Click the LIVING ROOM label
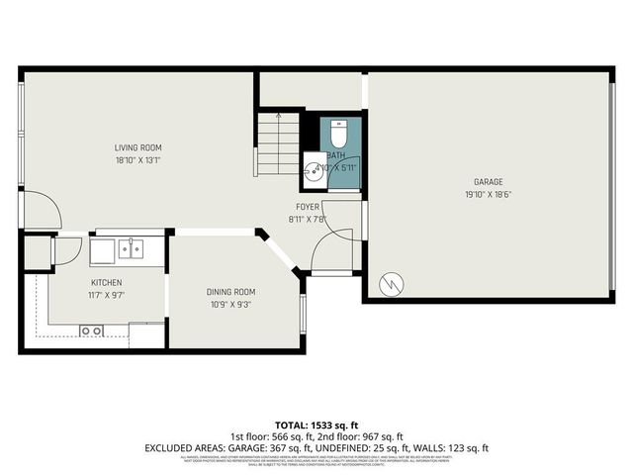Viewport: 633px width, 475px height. (137, 147)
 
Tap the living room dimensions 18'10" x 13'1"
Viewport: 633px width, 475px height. (137, 158)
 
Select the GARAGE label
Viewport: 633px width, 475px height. (488, 182)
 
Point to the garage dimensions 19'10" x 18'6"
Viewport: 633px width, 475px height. (488, 193)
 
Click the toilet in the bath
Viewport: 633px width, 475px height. (336, 133)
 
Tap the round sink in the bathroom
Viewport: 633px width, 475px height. (313, 169)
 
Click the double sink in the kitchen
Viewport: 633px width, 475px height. (130, 249)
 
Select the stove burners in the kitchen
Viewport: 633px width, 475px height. (91, 330)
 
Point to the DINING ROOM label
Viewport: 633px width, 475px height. (230, 291)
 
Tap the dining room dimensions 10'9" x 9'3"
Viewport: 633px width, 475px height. (230, 303)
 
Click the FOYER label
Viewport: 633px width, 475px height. (308, 207)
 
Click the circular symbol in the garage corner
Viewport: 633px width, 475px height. (393, 283)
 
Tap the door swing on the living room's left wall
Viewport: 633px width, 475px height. (44, 210)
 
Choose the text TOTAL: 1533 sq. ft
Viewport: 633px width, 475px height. (316, 424)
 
